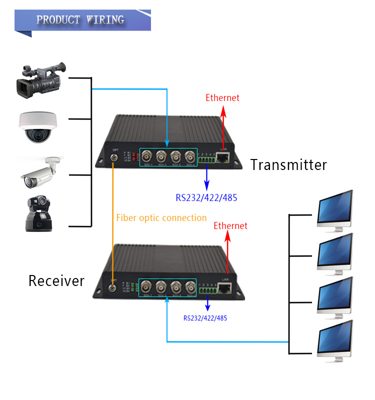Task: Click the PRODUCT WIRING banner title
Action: tap(80, 20)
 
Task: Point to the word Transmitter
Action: tap(288, 164)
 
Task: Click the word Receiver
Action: tap(56, 280)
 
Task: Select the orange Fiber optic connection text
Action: tap(161, 218)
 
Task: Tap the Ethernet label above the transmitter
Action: tap(222, 98)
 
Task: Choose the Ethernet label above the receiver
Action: tap(230, 226)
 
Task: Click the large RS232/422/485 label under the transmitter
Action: tap(206, 197)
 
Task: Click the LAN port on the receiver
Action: tap(225, 288)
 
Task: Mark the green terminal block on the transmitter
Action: tap(207, 160)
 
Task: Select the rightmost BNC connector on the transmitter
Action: tap(190, 156)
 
